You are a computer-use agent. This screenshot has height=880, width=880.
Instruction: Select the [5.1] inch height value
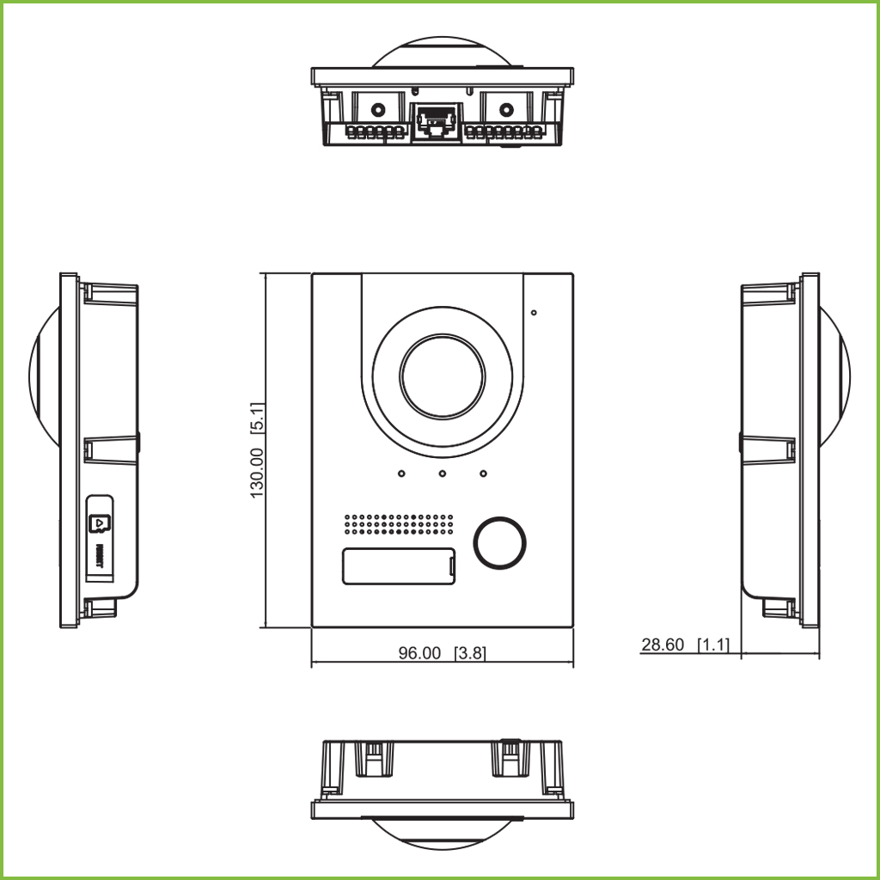[256, 420]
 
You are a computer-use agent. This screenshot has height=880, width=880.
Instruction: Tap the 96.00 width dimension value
[419, 653]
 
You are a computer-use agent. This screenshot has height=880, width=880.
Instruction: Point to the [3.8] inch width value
[470, 653]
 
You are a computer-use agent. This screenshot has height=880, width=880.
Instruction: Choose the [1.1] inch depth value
[713, 645]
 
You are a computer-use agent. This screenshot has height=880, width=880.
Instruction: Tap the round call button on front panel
[499, 543]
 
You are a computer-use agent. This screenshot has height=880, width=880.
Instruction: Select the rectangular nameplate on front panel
[400, 566]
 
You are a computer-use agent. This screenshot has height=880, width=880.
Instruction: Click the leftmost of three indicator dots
[401, 473]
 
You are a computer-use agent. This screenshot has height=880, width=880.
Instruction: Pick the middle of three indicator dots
[442, 473]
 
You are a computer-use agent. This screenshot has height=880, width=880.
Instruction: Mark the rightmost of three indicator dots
[483, 473]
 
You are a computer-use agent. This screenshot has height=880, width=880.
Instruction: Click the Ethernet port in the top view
[437, 121]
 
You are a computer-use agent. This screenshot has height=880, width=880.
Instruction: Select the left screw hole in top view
[376, 110]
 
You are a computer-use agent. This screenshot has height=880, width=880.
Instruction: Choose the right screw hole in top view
[506, 110]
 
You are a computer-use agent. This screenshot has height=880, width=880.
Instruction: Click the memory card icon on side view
[100, 522]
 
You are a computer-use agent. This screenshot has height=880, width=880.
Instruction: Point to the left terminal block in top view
[376, 134]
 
